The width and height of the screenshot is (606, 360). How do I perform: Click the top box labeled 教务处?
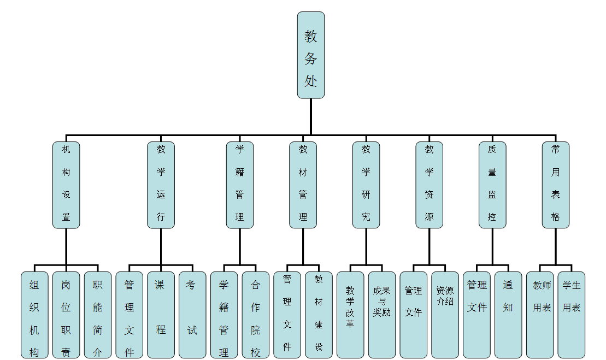point(310,55)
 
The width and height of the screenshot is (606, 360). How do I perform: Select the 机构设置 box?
point(66,185)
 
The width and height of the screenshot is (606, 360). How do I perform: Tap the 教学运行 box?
point(161,185)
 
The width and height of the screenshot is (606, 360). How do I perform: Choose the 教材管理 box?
point(303,185)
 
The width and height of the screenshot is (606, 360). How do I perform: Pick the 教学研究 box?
point(366,185)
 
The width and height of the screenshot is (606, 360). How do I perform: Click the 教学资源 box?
point(429,185)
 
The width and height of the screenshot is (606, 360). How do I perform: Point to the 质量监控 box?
point(492,185)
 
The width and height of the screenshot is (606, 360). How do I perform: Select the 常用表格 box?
point(555,185)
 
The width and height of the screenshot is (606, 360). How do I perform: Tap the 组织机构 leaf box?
point(34,315)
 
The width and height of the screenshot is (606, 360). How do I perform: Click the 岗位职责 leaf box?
point(66,315)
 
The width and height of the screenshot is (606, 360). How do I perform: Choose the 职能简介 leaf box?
point(97,315)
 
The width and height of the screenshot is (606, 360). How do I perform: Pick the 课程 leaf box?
point(161,315)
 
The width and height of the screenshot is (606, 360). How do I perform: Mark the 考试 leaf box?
point(192,315)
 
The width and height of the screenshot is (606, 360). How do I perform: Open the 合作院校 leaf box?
point(256,315)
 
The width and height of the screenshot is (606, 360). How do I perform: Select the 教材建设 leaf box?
point(319,315)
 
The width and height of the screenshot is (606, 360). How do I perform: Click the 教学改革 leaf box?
point(350,315)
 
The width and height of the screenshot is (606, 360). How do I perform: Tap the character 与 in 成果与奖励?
point(382,302)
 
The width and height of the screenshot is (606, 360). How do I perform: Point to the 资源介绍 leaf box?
point(445,315)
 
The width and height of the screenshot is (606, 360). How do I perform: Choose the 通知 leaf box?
point(508,315)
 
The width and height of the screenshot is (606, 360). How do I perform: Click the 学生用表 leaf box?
point(572,315)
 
